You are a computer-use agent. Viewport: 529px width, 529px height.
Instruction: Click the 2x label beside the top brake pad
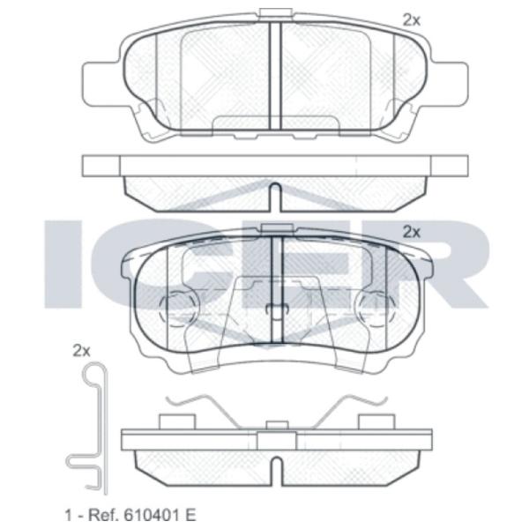tap(412, 19)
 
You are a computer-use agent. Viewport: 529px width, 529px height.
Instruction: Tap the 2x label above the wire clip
tap(81, 350)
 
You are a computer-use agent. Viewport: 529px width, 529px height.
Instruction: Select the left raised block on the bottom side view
tap(171, 420)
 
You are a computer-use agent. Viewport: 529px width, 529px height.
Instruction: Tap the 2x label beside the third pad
tap(412, 231)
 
